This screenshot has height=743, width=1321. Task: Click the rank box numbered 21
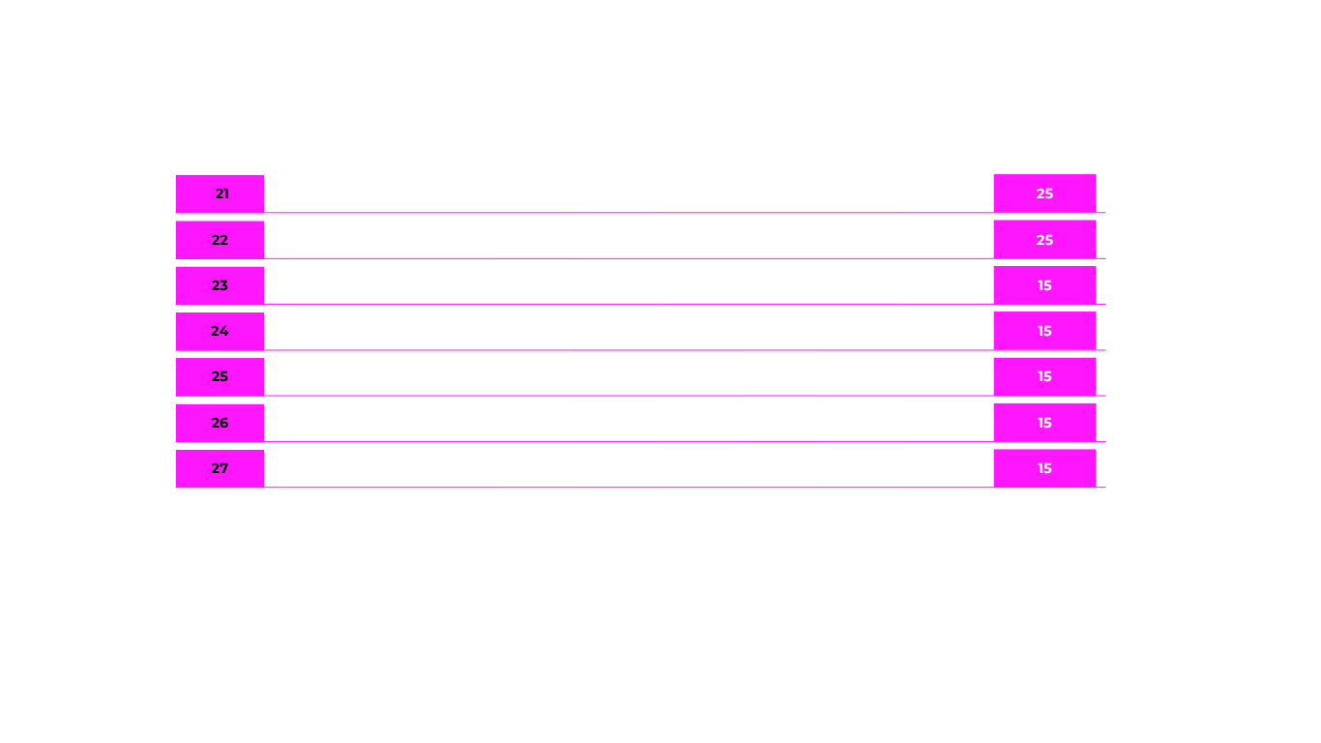coord(220,193)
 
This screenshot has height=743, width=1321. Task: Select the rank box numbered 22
coord(220,240)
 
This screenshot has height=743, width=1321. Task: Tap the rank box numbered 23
coord(220,285)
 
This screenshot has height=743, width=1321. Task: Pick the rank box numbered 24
coord(220,331)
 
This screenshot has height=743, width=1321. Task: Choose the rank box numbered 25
coord(220,376)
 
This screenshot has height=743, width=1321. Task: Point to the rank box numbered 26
coord(220,423)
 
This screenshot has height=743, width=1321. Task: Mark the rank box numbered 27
coord(220,468)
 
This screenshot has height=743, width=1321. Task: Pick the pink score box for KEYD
coord(1044,193)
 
